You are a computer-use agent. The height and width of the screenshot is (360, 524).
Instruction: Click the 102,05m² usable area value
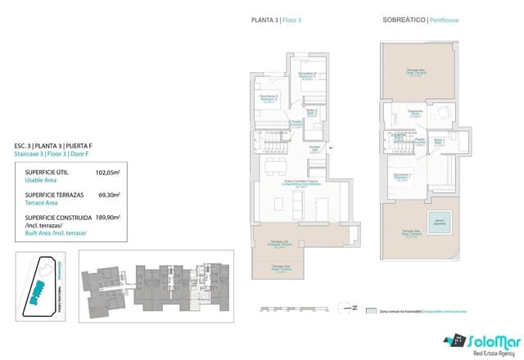point(108,173)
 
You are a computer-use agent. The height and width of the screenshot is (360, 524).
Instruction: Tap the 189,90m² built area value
point(108,218)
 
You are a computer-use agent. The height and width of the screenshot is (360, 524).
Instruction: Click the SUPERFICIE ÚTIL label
point(46,173)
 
